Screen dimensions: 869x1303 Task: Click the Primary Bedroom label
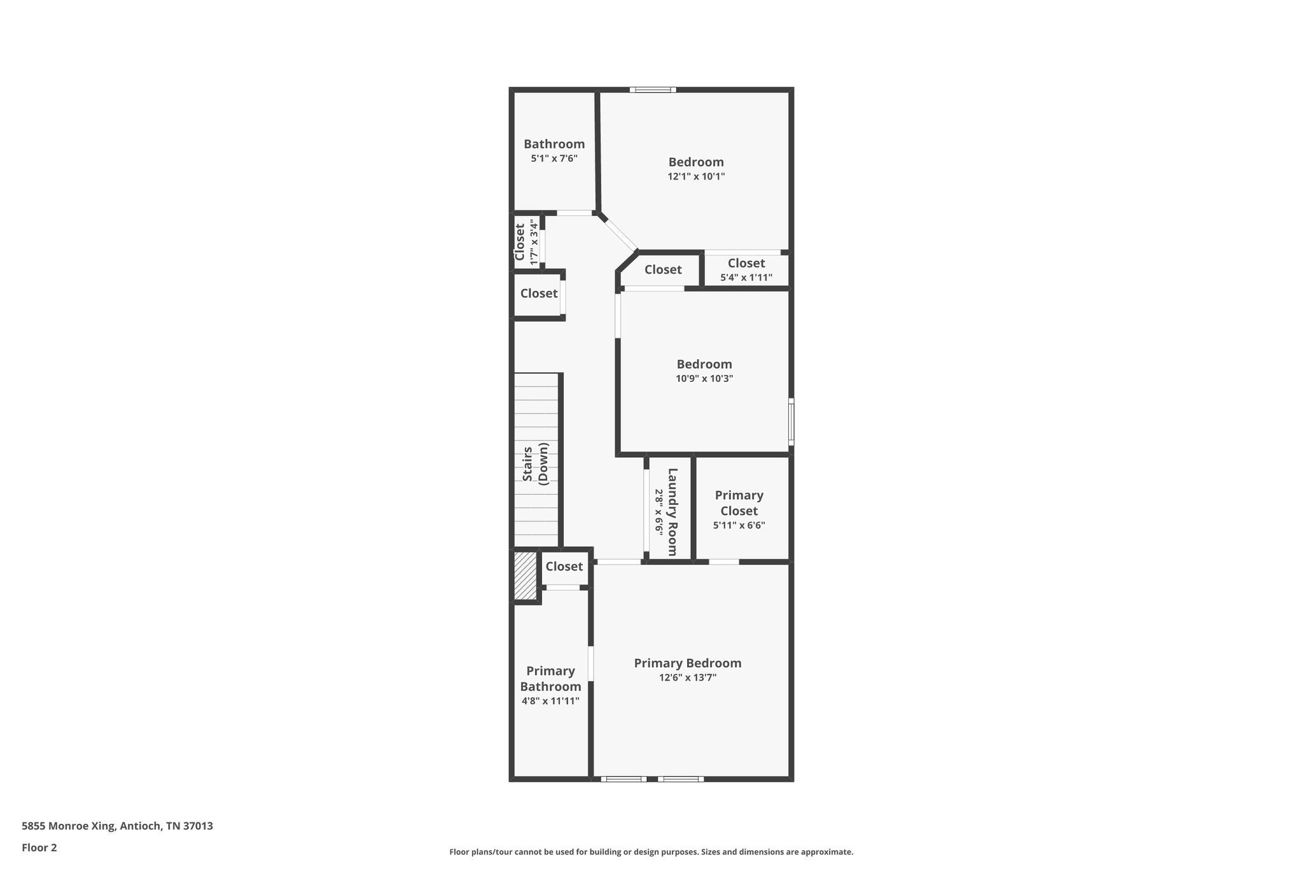coord(687,663)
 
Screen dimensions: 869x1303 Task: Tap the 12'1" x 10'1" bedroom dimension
coord(696,176)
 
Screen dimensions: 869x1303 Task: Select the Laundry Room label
coord(672,511)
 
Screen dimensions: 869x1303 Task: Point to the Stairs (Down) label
coord(535,463)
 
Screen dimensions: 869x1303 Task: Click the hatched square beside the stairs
coord(526,576)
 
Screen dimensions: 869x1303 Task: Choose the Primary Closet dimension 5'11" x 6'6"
coord(739,525)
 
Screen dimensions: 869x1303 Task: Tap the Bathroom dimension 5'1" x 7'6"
coord(554,158)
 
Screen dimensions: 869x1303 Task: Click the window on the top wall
coord(653,90)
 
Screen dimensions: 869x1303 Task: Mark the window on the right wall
coord(791,421)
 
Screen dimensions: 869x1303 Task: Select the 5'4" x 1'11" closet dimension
coord(746,278)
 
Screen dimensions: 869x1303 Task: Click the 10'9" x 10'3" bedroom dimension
coord(704,378)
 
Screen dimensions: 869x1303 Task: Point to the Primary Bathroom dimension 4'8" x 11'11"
coord(550,701)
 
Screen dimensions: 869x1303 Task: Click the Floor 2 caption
coord(39,847)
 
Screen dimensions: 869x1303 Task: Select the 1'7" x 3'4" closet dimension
coord(534,243)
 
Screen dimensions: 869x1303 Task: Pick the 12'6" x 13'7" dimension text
coord(687,677)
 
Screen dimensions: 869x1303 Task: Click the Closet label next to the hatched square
coord(564,566)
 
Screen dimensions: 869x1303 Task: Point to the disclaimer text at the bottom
coord(651,852)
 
